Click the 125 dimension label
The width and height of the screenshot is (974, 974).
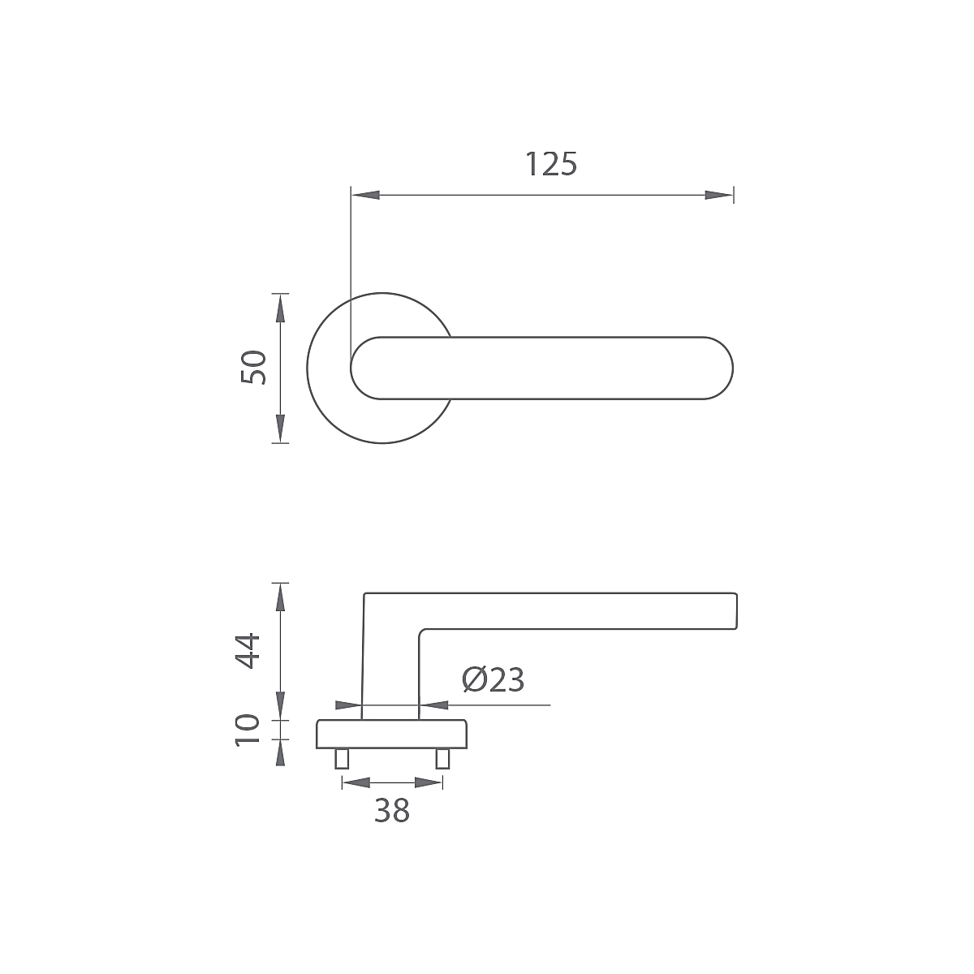pos(551,164)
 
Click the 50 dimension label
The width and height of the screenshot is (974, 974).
pos(253,368)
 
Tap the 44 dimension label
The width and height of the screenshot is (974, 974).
pos(248,651)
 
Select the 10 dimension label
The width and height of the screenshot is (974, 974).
pos(248,730)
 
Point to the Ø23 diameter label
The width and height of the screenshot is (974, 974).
pos(493,680)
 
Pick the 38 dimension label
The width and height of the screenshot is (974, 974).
pos(392,811)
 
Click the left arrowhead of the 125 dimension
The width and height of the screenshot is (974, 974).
pos(365,195)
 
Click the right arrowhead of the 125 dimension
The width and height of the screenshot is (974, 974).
pos(719,195)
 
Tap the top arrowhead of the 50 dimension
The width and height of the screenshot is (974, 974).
pos(281,308)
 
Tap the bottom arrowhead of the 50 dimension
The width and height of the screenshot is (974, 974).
pos(281,429)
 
